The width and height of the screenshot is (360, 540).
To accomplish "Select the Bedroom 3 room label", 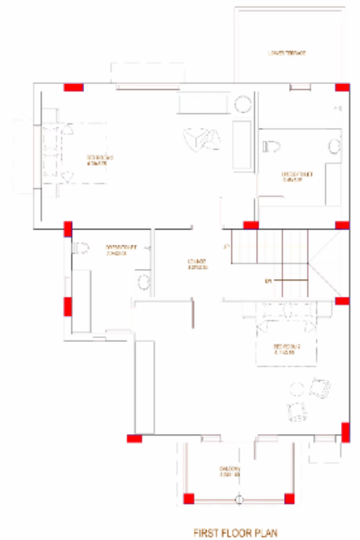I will tap(97, 160).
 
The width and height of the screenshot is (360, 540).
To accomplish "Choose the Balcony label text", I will tap(230, 471).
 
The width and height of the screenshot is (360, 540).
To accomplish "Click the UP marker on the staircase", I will tap(268, 280).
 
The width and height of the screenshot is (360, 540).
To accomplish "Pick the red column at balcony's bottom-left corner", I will tap(188, 499).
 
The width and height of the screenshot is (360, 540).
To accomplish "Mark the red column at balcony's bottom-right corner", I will tap(288, 499).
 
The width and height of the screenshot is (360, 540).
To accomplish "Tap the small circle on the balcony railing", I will tap(239, 499).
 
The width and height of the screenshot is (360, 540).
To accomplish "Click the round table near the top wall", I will tap(242, 104).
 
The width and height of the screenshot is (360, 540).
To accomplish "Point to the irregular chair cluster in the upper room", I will tap(202, 137).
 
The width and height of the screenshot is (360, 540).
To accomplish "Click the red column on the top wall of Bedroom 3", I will tap(73, 87).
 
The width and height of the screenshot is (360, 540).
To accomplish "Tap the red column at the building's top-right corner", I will tap(342, 87).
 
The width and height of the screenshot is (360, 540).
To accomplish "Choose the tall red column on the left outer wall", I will tap(68, 306).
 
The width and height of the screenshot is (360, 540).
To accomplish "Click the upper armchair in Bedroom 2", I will tap(320, 387).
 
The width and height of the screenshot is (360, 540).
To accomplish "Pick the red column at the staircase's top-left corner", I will tap(250, 225).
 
